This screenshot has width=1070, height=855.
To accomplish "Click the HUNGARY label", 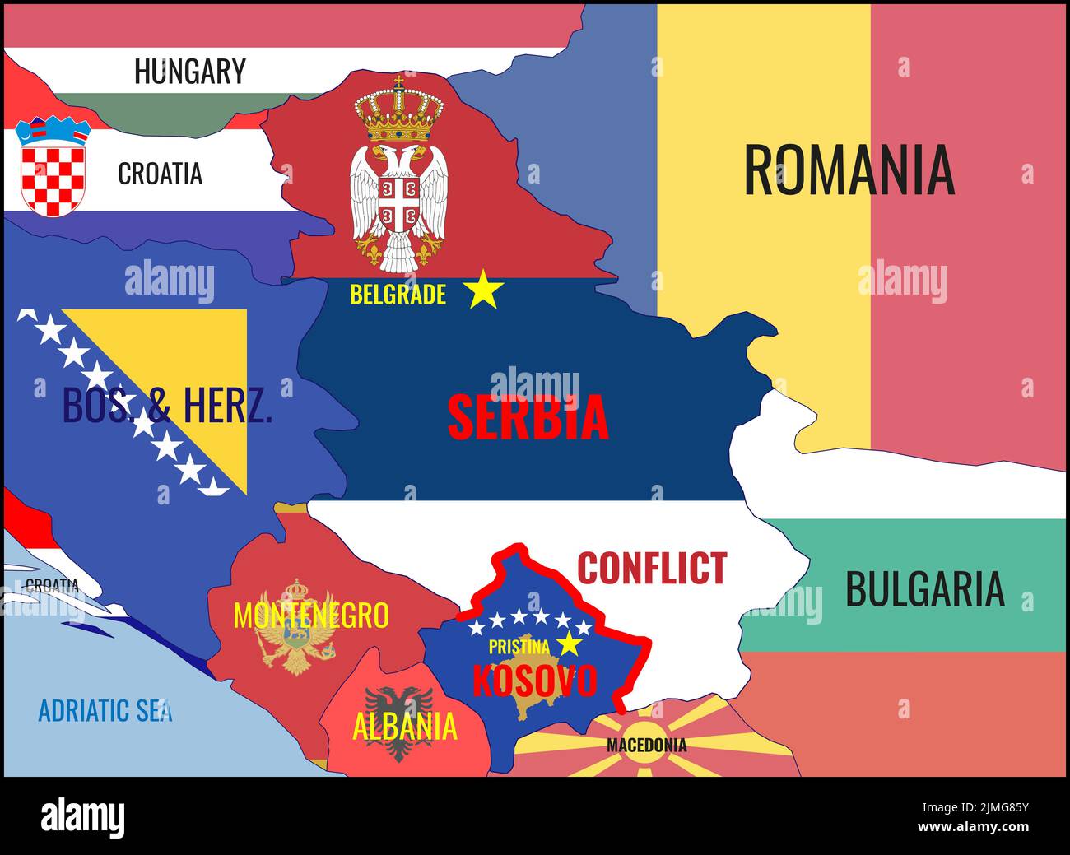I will (189, 71).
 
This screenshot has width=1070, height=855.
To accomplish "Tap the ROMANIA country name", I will (849, 170).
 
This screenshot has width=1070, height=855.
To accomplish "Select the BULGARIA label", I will (924, 589).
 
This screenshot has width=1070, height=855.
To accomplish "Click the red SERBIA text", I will (528, 417).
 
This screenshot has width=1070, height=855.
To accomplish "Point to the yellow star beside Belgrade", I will (483, 291).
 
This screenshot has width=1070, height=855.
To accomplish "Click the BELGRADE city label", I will (398, 294).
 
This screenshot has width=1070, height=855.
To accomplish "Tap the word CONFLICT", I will (652, 568).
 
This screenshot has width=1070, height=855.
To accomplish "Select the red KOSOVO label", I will (534, 681).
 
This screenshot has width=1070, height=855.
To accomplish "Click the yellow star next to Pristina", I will (569, 644).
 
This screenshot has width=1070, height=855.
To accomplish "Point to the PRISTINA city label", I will (519, 647).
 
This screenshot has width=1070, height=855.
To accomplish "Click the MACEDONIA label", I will (646, 746).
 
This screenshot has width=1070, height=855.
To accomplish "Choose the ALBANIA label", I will (404, 726).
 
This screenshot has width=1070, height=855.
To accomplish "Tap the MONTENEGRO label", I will (310, 616).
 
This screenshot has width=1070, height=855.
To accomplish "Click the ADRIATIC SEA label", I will (105, 709).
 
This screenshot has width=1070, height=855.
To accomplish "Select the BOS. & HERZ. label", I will (167, 405).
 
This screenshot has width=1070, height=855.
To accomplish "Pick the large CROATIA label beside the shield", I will (160, 174).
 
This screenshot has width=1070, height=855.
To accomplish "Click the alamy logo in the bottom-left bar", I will (83, 817).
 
